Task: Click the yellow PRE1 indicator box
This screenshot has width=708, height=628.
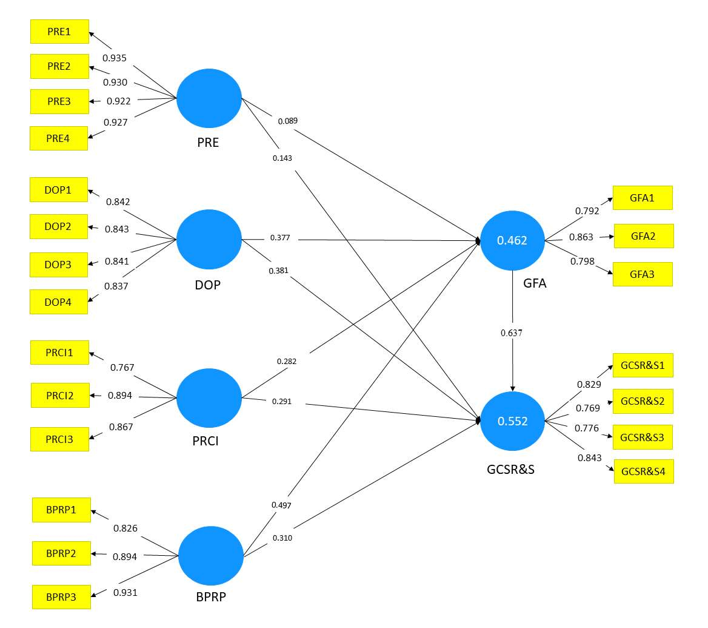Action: (59, 32)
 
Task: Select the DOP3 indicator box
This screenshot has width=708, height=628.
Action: (58, 265)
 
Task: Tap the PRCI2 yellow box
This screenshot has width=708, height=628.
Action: (60, 396)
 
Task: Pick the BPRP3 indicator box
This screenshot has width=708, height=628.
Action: (61, 597)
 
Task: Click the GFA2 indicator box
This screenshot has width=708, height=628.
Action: (643, 236)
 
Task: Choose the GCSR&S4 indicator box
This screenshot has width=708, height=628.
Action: (643, 471)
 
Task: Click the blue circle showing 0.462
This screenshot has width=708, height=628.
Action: (512, 240)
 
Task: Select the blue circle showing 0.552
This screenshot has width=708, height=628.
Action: (512, 421)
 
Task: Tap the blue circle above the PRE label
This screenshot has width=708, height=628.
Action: (209, 98)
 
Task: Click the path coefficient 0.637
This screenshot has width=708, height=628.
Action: (512, 333)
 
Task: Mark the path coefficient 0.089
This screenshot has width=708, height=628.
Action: (288, 121)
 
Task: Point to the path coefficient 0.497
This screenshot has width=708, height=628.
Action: (282, 505)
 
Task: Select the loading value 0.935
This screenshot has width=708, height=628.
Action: (114, 58)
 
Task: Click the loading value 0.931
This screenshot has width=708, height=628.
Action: (125, 592)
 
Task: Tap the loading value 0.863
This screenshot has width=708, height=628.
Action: (581, 237)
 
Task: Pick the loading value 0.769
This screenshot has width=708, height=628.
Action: (588, 408)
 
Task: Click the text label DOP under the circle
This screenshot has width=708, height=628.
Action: (209, 285)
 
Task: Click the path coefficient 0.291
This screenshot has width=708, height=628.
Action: (281, 401)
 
